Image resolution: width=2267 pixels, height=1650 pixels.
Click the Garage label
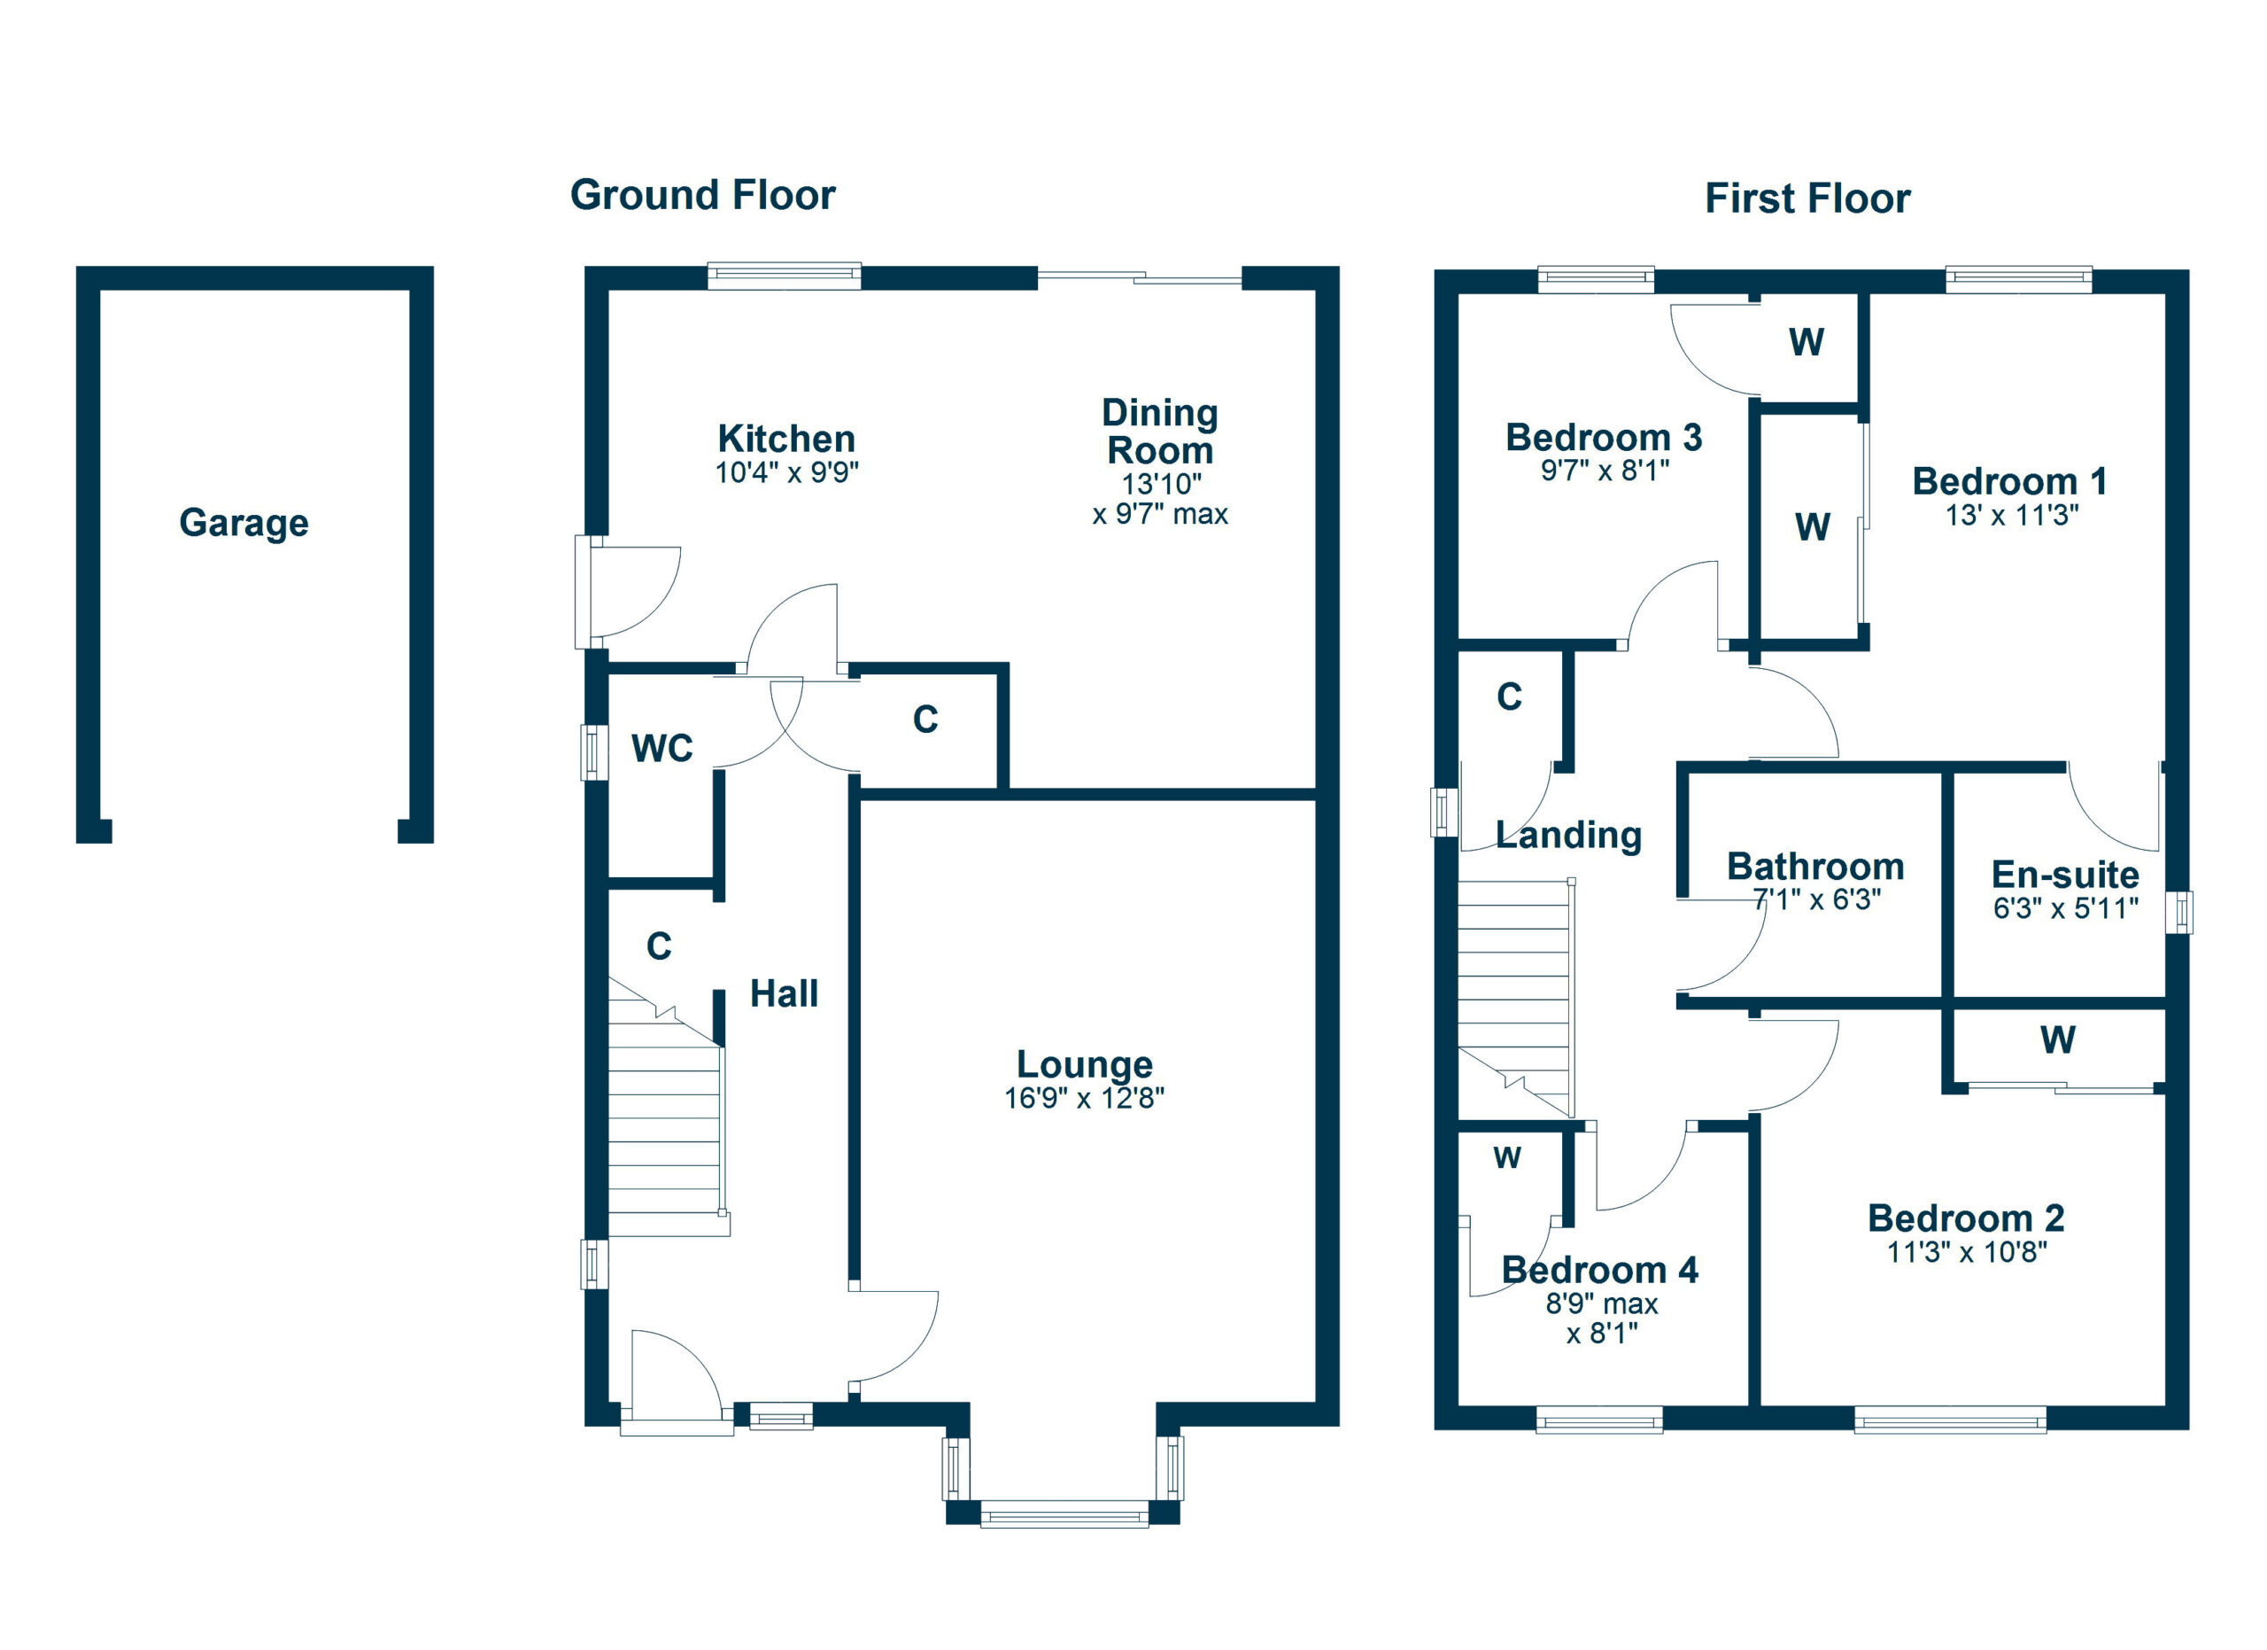tap(243, 522)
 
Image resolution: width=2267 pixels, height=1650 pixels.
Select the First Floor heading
tap(1807, 198)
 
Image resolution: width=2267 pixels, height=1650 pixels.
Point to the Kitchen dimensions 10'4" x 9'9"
tap(786, 472)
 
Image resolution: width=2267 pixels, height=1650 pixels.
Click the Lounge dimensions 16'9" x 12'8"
tap(1084, 1098)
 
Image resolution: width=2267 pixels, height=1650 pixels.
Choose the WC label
tap(662, 748)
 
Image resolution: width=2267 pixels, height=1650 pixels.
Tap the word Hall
tap(784, 993)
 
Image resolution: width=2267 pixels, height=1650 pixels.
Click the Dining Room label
tap(1159, 431)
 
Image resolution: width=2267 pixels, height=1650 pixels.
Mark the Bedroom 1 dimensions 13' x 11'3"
tap(2011, 515)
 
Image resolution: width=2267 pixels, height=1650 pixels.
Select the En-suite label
tap(2065, 874)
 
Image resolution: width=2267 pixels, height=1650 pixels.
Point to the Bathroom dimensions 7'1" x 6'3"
tap(1816, 899)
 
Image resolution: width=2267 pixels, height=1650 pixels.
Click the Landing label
tap(1568, 834)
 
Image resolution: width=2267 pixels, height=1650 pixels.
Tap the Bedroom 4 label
tap(1599, 1270)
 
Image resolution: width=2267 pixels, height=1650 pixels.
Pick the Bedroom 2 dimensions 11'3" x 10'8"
tap(1966, 1252)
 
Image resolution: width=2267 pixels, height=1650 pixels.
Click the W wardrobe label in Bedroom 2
tap(2057, 1040)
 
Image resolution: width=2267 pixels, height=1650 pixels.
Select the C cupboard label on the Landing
tap(1509, 697)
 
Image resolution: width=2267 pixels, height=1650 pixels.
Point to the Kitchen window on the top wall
tap(784, 275)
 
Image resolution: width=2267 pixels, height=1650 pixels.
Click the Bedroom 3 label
tap(1604, 437)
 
